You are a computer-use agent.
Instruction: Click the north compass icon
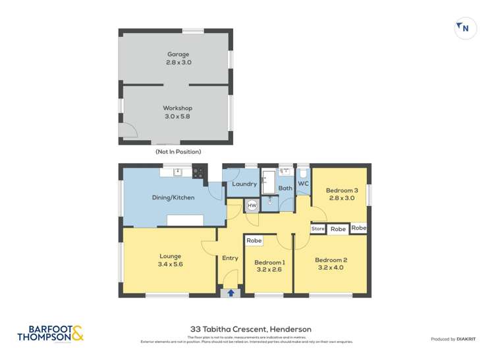tap(466, 28)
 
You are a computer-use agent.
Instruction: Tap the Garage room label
tap(178, 54)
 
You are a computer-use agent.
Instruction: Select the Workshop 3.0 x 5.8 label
tap(178, 112)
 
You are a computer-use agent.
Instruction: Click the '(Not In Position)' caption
tap(178, 151)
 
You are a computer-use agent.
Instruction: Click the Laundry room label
tap(244, 184)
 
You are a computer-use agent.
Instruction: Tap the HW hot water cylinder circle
tap(252, 205)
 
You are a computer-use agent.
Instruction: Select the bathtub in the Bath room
tap(268, 183)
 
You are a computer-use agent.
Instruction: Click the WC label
tap(303, 184)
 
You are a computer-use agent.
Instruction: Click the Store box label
tap(318, 229)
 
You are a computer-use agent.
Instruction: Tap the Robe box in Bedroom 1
tap(254, 241)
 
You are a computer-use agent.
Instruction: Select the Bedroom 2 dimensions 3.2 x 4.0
tap(331, 268)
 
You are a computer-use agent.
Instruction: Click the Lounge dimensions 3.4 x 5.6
tap(170, 265)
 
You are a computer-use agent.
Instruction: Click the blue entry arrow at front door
tap(231, 293)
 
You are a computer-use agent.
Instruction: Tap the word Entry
tap(230, 258)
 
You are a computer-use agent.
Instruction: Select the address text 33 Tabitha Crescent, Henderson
tap(250, 329)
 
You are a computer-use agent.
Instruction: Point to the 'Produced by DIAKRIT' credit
tap(453, 339)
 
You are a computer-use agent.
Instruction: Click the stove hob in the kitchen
tap(198, 173)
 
